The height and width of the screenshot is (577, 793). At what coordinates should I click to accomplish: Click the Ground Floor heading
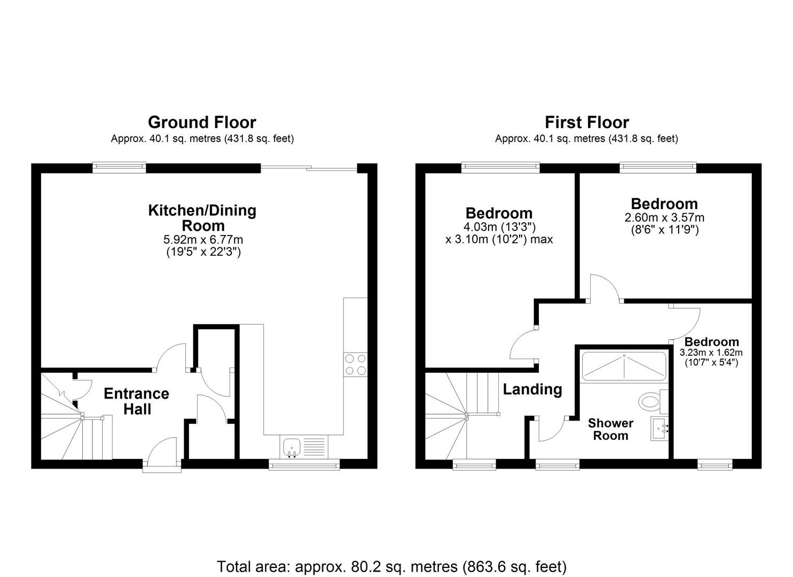[x=202, y=122]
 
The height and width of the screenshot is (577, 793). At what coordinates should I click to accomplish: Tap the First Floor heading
[x=586, y=122]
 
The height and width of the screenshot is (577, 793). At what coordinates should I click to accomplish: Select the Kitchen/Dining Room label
[x=202, y=217]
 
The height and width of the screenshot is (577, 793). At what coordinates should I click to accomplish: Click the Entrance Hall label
[x=136, y=401]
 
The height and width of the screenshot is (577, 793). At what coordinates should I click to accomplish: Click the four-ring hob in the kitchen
[x=356, y=364]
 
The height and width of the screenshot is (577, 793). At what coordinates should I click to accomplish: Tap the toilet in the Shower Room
[x=650, y=400]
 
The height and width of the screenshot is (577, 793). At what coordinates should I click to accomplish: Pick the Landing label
[x=532, y=389]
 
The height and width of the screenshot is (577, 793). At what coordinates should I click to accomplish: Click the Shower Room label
[x=610, y=429]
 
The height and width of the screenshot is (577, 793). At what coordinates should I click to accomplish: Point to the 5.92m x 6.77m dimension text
[x=203, y=239]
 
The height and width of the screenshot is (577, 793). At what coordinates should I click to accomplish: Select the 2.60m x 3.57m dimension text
[x=664, y=217]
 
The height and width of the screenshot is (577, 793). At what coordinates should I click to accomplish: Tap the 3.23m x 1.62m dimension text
[x=711, y=353]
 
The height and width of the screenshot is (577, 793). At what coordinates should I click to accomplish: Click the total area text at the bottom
[x=391, y=566]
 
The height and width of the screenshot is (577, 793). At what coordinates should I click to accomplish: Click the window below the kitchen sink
[x=304, y=465]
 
